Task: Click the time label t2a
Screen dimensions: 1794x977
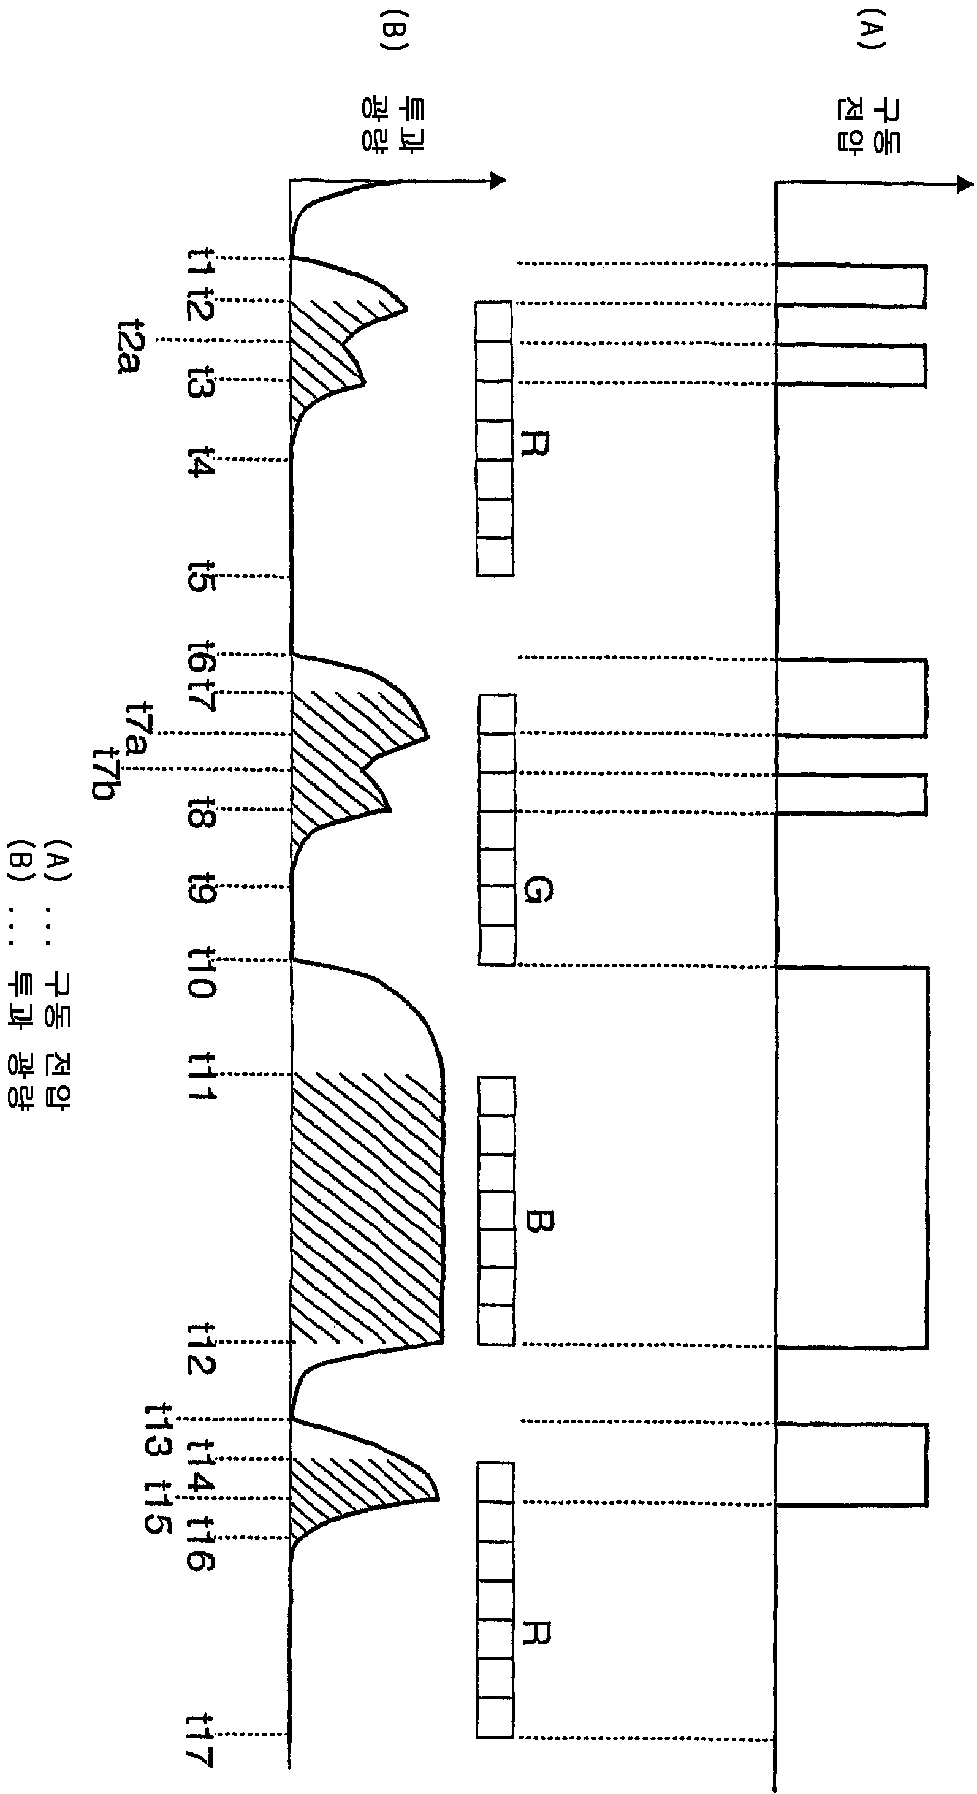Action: point(131,347)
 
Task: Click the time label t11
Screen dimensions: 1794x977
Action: point(202,1076)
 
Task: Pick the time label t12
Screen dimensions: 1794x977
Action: point(202,1349)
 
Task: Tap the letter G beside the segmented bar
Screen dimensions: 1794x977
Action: point(537,889)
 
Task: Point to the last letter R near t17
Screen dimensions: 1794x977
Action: point(536,1633)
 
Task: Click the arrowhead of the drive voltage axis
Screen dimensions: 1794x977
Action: point(965,184)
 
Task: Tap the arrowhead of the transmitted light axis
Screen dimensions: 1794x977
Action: point(497,180)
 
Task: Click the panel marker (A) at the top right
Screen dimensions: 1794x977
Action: point(871,29)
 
